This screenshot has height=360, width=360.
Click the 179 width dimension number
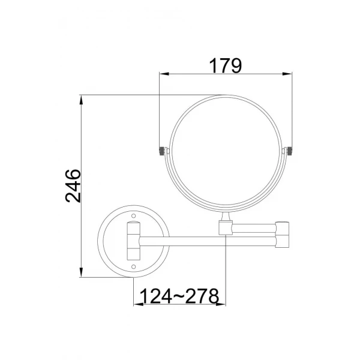225,65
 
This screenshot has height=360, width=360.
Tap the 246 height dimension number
73,186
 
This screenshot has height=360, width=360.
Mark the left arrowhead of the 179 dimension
163,74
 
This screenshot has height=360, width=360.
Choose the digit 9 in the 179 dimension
236,65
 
